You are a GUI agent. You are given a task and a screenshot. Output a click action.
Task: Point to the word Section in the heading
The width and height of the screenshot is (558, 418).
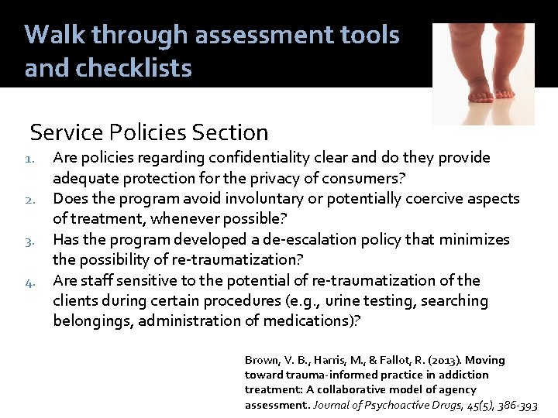click(228, 133)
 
